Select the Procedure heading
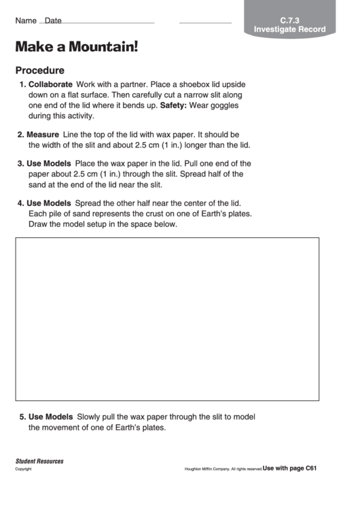pyautogui.click(x=40, y=70)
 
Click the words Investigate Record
pyautogui.click(x=289, y=29)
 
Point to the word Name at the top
pyautogui.click(x=26, y=21)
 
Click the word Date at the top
pyautogui.click(x=53, y=21)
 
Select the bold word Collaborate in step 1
pyautogui.click(x=50, y=84)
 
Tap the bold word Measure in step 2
pyautogui.click(x=43, y=135)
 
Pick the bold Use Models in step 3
pyautogui.click(x=48, y=163)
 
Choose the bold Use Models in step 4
pyautogui.click(x=48, y=203)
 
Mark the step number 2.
pyautogui.click(x=20, y=135)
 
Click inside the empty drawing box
pyautogui.click(x=167, y=319)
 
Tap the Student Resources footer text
pyautogui.click(x=39, y=461)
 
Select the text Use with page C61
pyautogui.click(x=290, y=468)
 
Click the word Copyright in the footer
pyautogui.click(x=24, y=469)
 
